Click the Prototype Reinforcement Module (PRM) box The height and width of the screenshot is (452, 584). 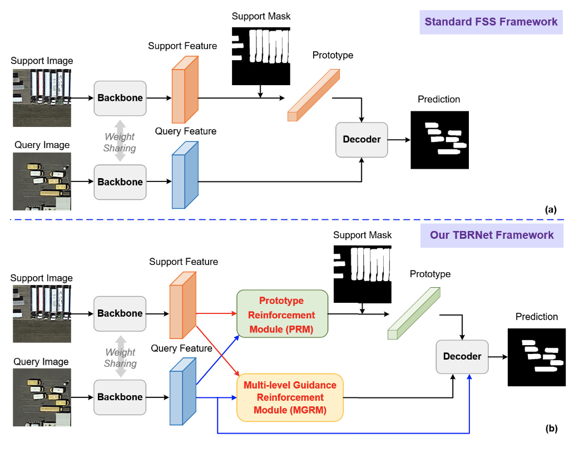(x=283, y=314)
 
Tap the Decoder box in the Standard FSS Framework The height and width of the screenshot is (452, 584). (x=362, y=139)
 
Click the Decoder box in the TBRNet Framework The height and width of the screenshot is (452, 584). (x=462, y=356)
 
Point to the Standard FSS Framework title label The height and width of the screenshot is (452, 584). (x=491, y=22)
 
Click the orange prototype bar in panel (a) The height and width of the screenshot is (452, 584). (x=313, y=95)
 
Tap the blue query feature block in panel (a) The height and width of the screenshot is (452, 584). (x=185, y=175)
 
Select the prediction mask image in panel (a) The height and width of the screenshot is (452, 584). (x=439, y=140)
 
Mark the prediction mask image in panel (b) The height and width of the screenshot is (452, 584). (x=536, y=357)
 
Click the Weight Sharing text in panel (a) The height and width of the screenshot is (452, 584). (x=120, y=142)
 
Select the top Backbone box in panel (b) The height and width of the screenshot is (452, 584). (x=120, y=313)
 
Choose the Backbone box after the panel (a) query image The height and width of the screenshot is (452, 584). (x=120, y=182)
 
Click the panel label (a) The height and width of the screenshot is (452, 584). (x=551, y=209)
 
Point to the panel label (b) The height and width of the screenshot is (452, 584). (x=551, y=428)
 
